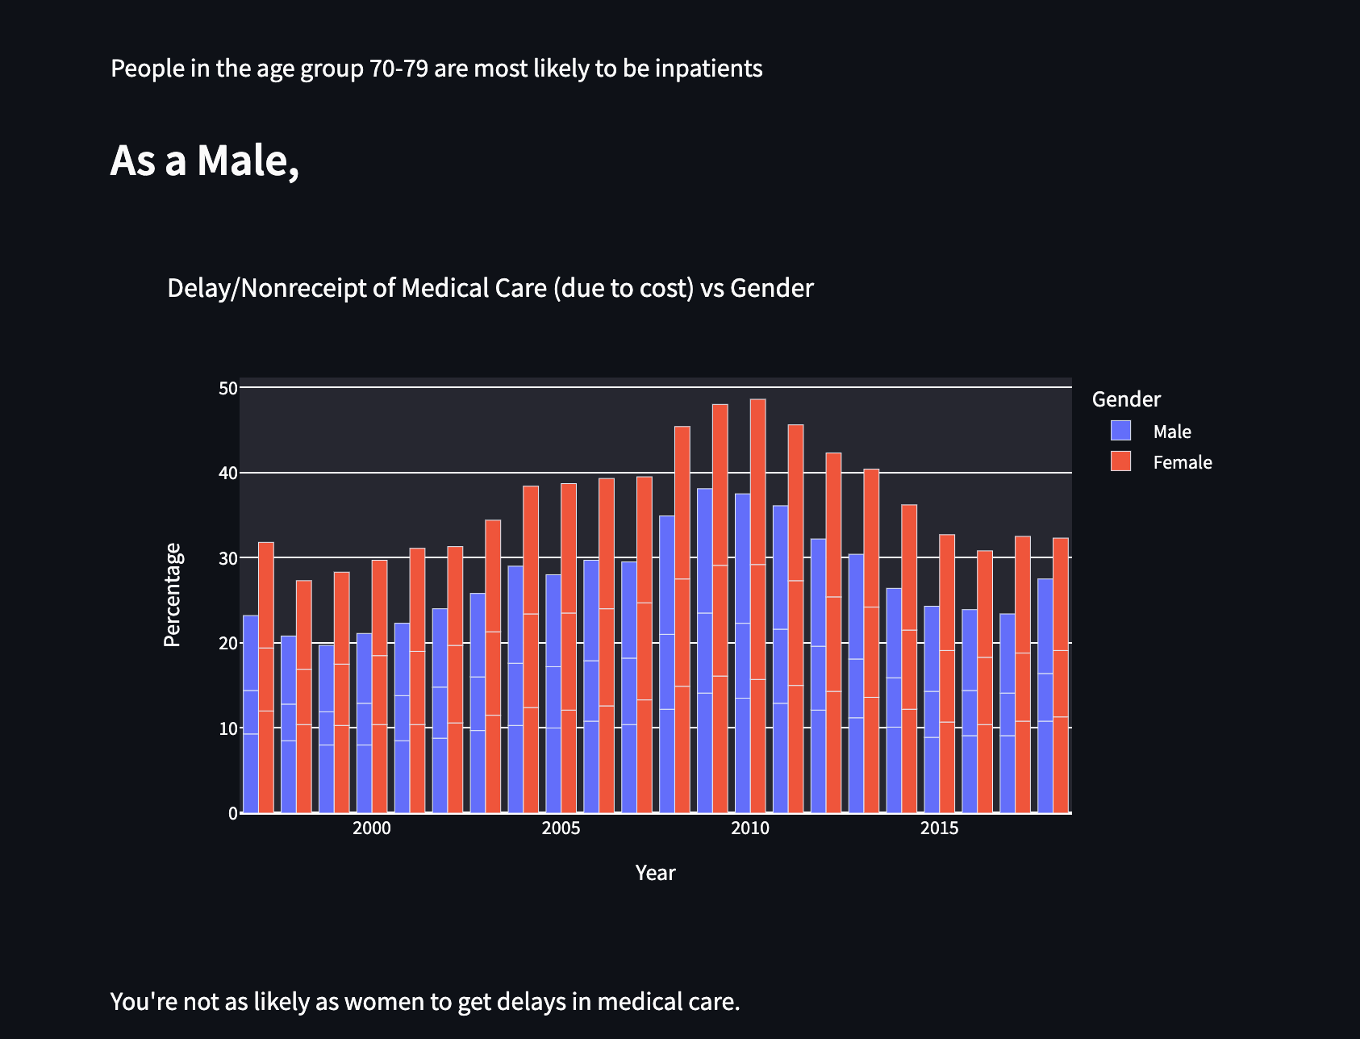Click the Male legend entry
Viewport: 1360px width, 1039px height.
pos(1171,432)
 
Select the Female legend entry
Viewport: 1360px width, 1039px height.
pos(1182,462)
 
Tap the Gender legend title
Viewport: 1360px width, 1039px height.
pos(1126,399)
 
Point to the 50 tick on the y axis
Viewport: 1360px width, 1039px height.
pos(227,388)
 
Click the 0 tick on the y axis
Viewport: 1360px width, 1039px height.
pos(233,813)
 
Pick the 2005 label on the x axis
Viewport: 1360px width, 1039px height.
pos(561,828)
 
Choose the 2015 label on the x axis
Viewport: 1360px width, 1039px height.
pos(939,828)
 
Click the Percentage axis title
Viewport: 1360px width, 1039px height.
pos(173,595)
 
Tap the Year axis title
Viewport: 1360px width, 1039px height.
pos(655,873)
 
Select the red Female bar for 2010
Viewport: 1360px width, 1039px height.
pos(758,605)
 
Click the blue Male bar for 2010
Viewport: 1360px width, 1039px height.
pos(742,653)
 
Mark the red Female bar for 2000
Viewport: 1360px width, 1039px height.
pos(379,686)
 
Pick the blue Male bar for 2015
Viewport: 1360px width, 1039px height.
pos(932,710)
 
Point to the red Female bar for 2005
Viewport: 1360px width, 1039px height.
pos(569,645)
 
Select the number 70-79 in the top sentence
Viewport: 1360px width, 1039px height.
pos(398,69)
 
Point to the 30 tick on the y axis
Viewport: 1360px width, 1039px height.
pos(227,558)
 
